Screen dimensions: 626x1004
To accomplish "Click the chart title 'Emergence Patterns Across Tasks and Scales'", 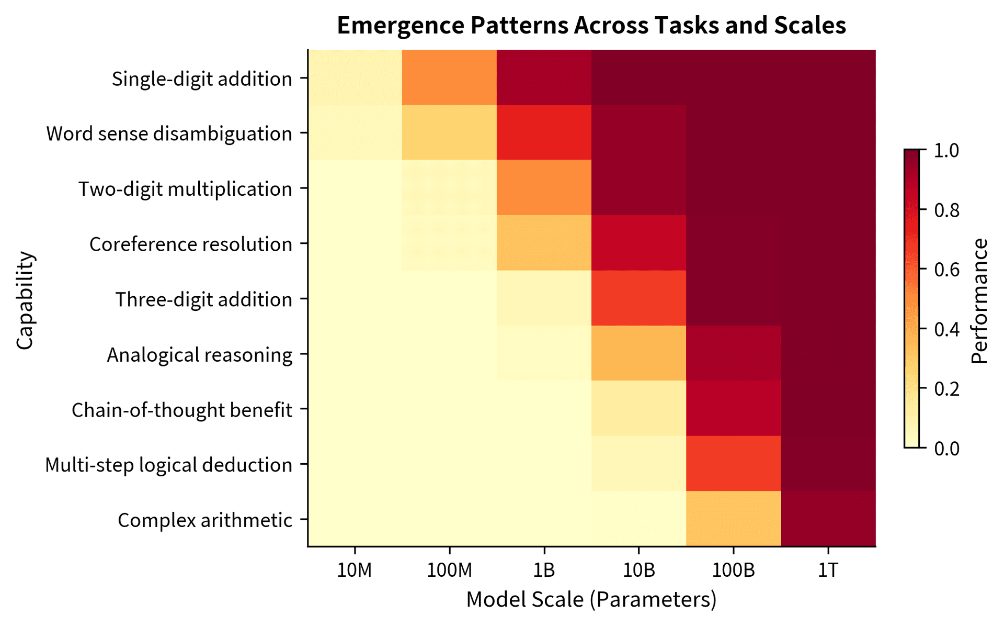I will click(x=591, y=25).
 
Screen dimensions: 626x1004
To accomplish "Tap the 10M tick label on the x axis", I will click(x=355, y=570).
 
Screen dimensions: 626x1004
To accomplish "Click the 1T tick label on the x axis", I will click(x=828, y=570).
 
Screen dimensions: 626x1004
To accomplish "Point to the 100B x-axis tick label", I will click(x=733, y=570).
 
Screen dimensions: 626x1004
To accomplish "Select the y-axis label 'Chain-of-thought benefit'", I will click(x=181, y=410).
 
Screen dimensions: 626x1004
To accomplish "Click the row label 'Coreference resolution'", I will click(x=190, y=244).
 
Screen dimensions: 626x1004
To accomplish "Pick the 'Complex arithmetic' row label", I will click(x=204, y=520).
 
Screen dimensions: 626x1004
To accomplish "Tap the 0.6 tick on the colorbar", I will click(x=946, y=270).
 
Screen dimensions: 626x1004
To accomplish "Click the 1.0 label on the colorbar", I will click(x=946, y=151).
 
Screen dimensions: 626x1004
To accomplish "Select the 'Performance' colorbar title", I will click(x=979, y=300).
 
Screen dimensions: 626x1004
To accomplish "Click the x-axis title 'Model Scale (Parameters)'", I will click(x=591, y=599).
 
